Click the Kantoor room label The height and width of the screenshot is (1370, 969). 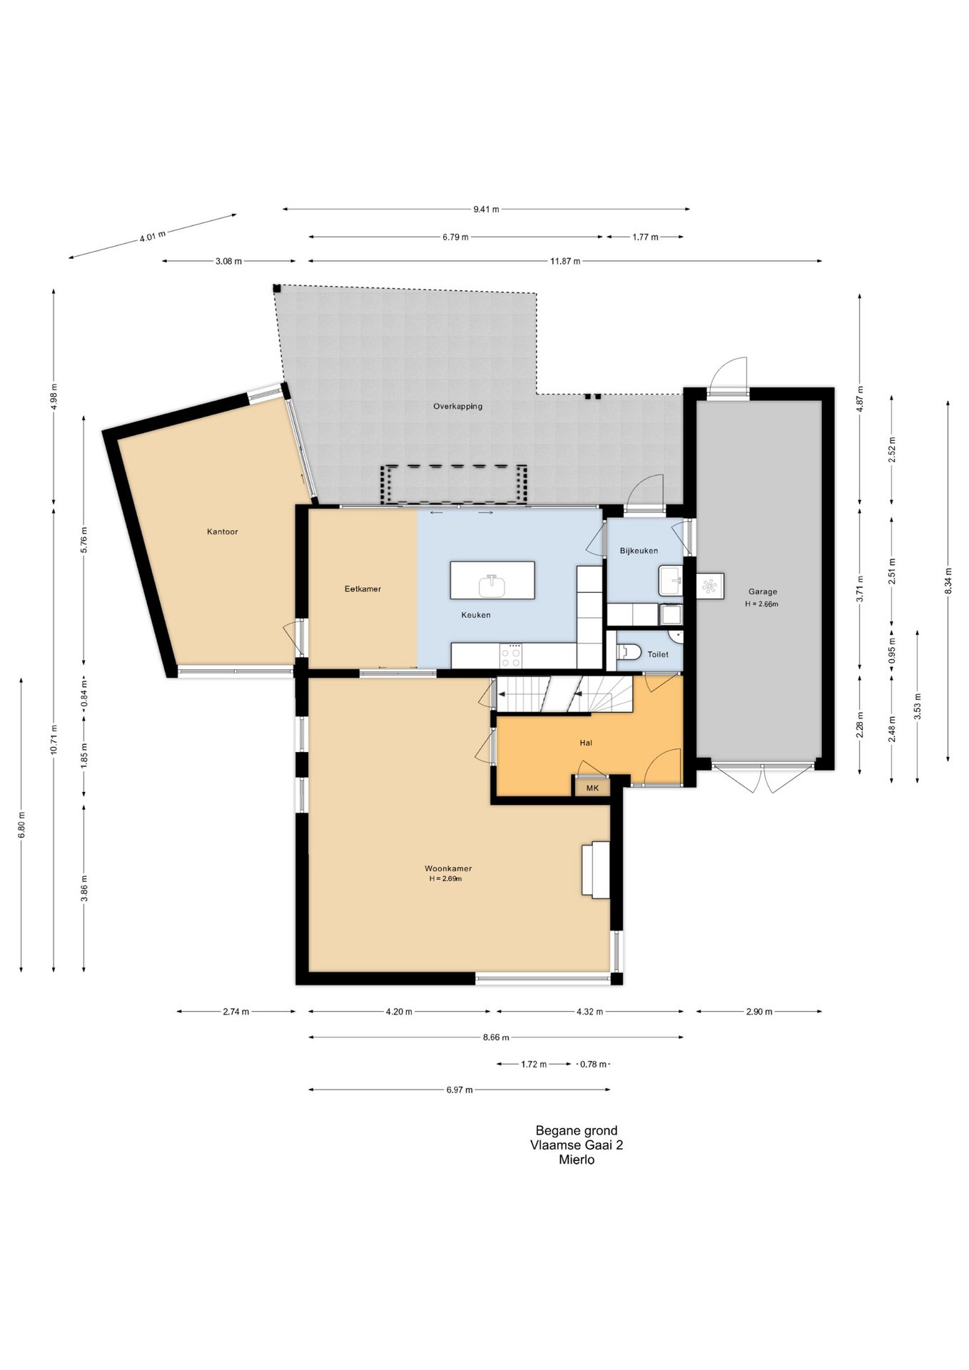(x=222, y=532)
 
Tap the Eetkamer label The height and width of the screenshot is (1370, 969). (x=362, y=589)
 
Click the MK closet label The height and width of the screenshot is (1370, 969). (x=592, y=788)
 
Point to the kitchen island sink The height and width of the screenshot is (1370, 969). (x=492, y=586)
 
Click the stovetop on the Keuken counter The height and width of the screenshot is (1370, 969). (x=511, y=655)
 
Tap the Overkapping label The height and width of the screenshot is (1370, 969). (x=458, y=406)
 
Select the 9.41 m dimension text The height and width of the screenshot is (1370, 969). (x=486, y=209)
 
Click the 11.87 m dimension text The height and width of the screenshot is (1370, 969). (x=565, y=261)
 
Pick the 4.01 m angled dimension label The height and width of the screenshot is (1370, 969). (x=152, y=236)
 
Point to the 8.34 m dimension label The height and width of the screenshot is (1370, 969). (x=948, y=580)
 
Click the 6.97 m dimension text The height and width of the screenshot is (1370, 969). (x=460, y=1090)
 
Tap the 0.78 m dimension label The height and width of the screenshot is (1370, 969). (x=593, y=1064)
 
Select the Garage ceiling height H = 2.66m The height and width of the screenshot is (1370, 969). (x=762, y=604)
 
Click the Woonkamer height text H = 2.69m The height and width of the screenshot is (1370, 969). (x=445, y=878)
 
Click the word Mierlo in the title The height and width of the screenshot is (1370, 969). (x=577, y=1160)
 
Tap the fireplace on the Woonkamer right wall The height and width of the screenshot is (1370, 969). (x=596, y=869)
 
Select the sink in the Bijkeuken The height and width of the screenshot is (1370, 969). (x=671, y=581)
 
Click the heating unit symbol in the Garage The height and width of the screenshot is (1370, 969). (x=710, y=586)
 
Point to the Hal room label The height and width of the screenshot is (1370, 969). (x=586, y=743)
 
